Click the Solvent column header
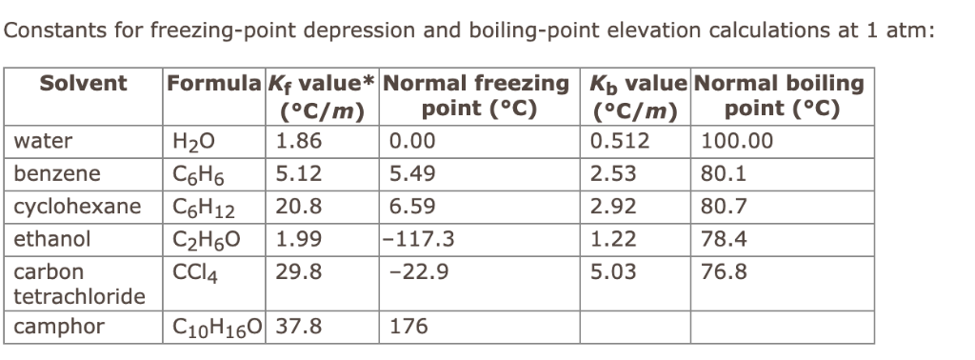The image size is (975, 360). pyautogui.click(x=83, y=83)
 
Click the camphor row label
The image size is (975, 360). pyautogui.click(x=58, y=328)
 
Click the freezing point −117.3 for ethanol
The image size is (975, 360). pyautogui.click(x=422, y=237)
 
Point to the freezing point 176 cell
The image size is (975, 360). pyautogui.click(x=409, y=328)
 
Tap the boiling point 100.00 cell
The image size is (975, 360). pyautogui.click(x=737, y=143)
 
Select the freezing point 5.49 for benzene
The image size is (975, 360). pyautogui.click(x=413, y=174)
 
